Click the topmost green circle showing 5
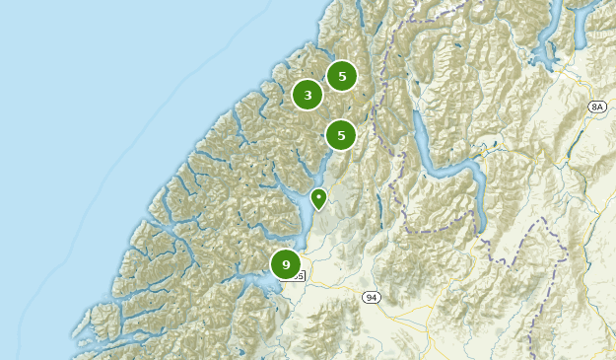[x=341, y=76]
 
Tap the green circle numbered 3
[x=308, y=95]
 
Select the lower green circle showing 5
[x=340, y=134]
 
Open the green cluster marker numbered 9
[x=286, y=264]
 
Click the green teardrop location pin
[x=318, y=198]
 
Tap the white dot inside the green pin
[x=318, y=196]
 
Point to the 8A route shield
[x=596, y=106]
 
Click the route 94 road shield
[x=370, y=297]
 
